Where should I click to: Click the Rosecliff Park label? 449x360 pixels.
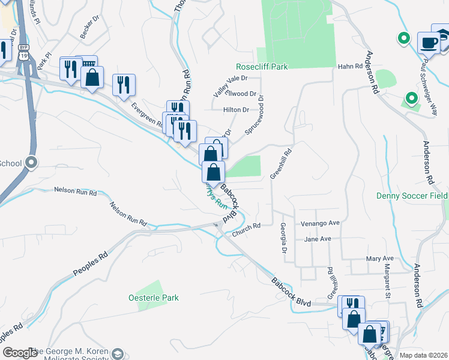pos(262,67)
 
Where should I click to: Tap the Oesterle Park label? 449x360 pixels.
pos(154,298)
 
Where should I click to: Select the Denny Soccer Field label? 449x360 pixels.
pos(412,196)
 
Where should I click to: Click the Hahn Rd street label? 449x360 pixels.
pos(351,67)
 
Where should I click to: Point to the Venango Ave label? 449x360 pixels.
pos(320,223)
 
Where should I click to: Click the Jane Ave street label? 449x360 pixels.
pos(318,239)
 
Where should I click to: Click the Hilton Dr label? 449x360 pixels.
pos(236,110)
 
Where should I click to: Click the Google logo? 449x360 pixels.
pos(19,352)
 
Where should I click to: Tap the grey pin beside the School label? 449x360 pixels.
pos(32,162)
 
